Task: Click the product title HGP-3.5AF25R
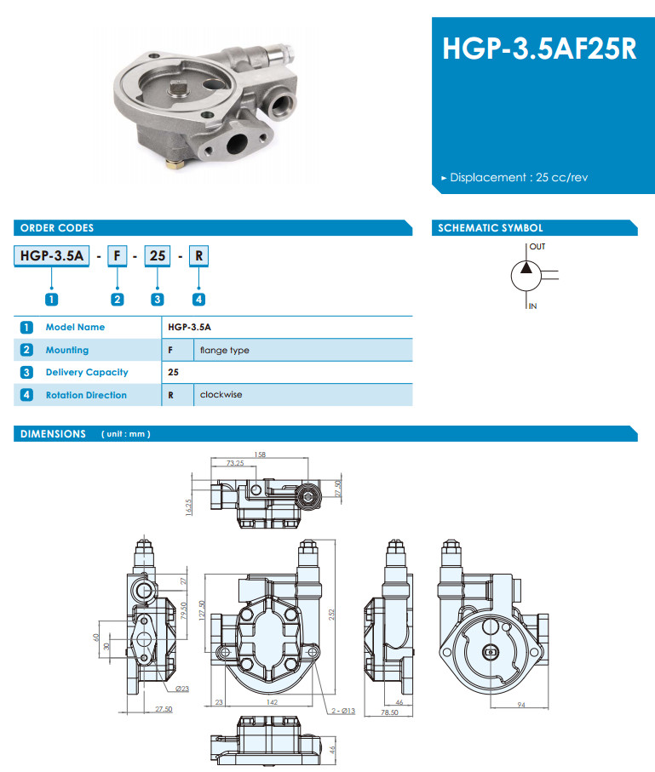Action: [539, 48]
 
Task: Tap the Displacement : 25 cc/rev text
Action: [519, 178]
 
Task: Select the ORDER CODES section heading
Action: [57, 228]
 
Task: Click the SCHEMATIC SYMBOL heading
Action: [490, 228]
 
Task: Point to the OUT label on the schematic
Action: [537, 247]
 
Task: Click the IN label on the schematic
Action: [533, 306]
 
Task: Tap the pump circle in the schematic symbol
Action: [525, 275]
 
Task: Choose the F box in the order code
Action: [118, 254]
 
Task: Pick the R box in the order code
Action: [198, 254]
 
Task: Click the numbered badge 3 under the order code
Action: [158, 299]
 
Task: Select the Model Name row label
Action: [75, 327]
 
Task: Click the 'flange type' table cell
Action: [224, 350]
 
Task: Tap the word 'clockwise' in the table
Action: [221, 395]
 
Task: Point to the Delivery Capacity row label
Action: [87, 372]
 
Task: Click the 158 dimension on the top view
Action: [261, 455]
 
